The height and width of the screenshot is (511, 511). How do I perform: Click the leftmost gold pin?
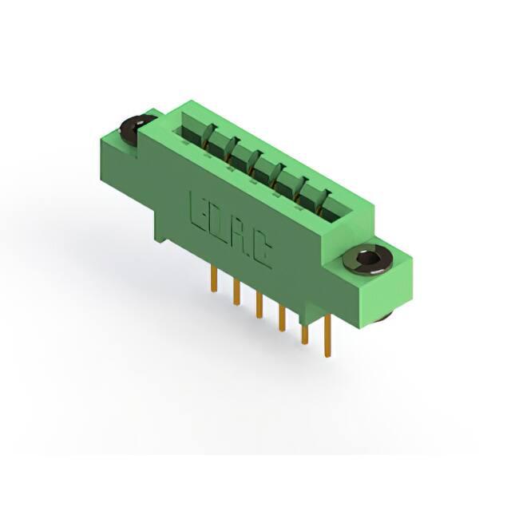214,279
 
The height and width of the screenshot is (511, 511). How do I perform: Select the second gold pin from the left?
236,292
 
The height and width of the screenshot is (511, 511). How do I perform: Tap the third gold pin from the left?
259,305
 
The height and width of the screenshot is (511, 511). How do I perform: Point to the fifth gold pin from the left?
305,334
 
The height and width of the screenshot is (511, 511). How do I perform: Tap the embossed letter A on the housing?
240,235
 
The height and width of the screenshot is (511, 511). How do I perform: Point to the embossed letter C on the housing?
263,250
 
